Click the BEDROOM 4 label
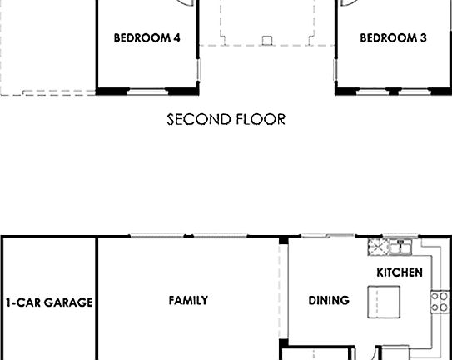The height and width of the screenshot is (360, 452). click(x=147, y=37)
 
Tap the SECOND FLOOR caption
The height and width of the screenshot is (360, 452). click(x=226, y=120)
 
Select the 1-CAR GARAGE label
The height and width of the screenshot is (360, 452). click(x=49, y=302)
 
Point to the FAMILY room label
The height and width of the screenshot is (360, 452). click(x=188, y=300)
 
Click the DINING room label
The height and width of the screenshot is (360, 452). click(x=329, y=300)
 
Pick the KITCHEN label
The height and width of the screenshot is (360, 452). click(x=400, y=272)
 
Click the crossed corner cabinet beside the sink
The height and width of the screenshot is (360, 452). click(x=377, y=247)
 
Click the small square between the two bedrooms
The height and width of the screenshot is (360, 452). click(x=266, y=38)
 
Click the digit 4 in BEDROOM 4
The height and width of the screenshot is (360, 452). click(x=176, y=37)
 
